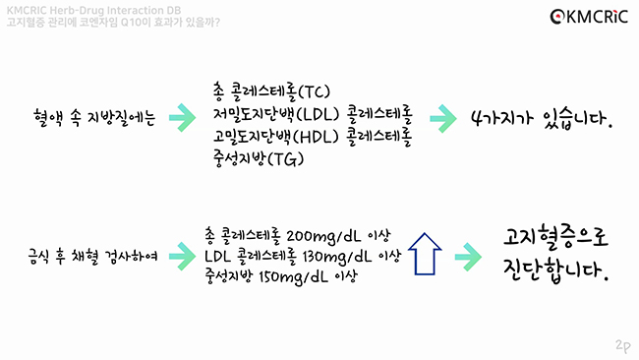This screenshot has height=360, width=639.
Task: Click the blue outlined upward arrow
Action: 424,254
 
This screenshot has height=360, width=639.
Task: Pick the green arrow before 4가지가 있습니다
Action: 443,117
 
